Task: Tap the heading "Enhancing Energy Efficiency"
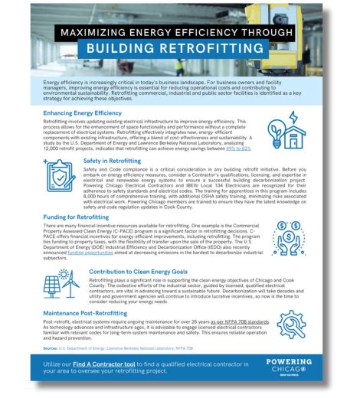83,113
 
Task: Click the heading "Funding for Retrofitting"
77,217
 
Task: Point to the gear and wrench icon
292,326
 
